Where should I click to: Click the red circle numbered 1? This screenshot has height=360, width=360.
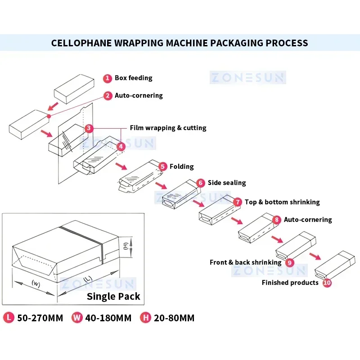click(x=107, y=78)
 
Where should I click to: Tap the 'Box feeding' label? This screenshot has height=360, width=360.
click(x=133, y=78)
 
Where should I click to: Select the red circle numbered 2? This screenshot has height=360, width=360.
click(x=108, y=96)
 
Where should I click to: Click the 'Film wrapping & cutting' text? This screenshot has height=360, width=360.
click(x=168, y=128)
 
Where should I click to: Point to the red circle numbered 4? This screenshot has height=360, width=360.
click(x=121, y=147)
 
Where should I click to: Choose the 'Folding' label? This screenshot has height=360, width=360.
click(x=181, y=166)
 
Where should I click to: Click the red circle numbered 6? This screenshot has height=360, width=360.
click(x=200, y=183)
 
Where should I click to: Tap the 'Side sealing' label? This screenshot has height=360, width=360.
click(x=226, y=183)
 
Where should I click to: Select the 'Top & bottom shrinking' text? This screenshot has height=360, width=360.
click(x=282, y=202)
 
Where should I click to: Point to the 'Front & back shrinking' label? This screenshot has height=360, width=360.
click(x=245, y=262)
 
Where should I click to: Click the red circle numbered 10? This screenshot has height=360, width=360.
click(x=327, y=283)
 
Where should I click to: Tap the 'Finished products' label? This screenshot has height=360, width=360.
click(x=290, y=283)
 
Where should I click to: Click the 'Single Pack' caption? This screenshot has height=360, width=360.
click(x=113, y=297)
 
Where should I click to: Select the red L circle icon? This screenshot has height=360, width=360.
click(x=9, y=318)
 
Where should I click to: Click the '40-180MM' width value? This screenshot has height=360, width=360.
click(x=109, y=318)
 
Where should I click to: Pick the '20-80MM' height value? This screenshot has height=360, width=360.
click(x=173, y=318)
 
